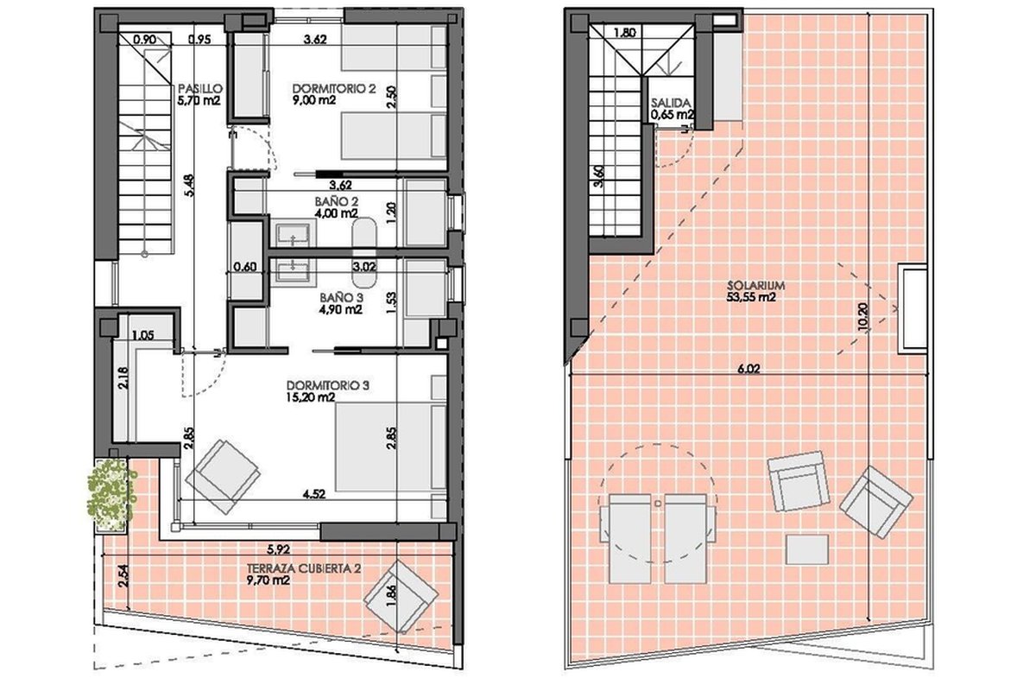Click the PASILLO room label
point(200,88)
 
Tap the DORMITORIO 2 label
point(334,88)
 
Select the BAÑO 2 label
point(337,202)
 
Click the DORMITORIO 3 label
point(328,385)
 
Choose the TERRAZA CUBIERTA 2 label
point(303,568)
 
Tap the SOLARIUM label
point(751,286)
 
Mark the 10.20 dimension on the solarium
point(862,317)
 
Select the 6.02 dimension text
point(749,369)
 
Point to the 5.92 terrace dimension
point(278,549)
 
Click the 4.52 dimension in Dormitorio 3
point(314,494)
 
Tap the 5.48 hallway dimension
point(189,185)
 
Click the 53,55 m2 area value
point(751,297)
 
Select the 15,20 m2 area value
point(310,397)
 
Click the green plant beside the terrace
point(112,496)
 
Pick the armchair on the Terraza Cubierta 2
point(401,597)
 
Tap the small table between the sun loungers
point(658,502)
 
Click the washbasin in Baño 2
point(294,235)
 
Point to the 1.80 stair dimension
point(625,33)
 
